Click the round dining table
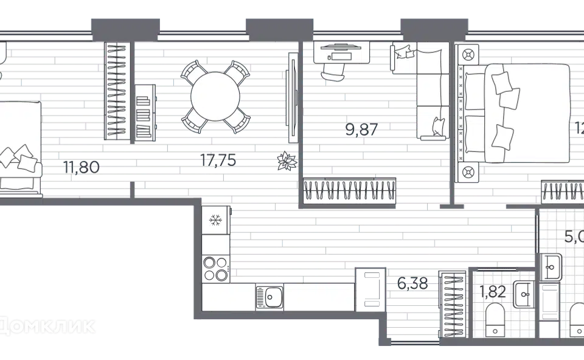click(x=215, y=97)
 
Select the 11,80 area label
click(x=82, y=167)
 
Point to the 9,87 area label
click(x=363, y=129)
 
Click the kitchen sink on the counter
click(x=269, y=298)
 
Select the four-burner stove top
click(x=215, y=268)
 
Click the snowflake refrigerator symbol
click(x=215, y=220)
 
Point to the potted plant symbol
click(x=286, y=161)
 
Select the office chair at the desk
click(x=333, y=71)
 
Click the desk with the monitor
click(x=342, y=52)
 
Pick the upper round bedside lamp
click(x=469, y=55)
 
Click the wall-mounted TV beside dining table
click(x=293, y=97)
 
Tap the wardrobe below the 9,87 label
click(x=350, y=190)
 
